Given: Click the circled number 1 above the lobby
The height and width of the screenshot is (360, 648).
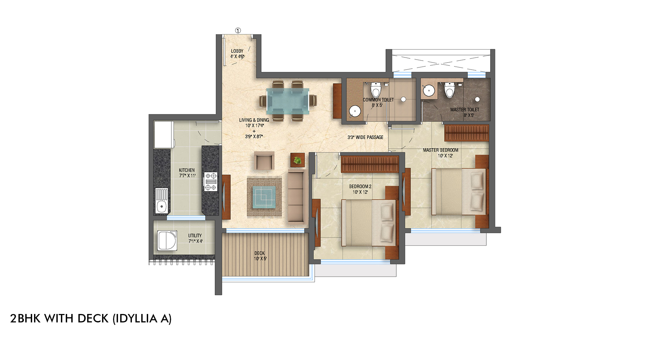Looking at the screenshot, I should tap(238, 30).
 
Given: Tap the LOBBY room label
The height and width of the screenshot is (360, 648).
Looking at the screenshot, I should tap(237, 51).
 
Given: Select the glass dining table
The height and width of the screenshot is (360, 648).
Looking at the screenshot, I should tap(288, 101).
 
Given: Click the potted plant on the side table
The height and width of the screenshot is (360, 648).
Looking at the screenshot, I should tap(297, 160).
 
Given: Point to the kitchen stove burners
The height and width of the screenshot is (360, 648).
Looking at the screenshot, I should tap(211, 181).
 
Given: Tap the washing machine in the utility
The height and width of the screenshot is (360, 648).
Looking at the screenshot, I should tap(167, 240).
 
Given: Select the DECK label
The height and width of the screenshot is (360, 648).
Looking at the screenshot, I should tap(260, 253).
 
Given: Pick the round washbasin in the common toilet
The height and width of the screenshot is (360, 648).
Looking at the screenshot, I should tap(355, 111).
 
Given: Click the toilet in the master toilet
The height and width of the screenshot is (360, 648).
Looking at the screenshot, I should tap(449, 90).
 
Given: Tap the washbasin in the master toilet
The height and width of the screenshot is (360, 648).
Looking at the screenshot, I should tap(429, 90).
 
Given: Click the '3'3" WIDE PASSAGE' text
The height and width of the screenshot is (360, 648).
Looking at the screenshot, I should tap(365, 137).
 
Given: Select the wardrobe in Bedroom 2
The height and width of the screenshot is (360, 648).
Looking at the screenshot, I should tap(370, 164).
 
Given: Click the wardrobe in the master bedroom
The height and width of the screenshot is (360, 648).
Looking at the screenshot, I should tap(467, 133).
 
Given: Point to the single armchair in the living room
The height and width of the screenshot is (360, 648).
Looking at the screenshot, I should tap(264, 161).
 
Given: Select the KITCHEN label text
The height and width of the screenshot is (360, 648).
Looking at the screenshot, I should tap(187, 170).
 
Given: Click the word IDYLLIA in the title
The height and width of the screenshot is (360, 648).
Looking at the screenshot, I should tap(136, 319).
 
